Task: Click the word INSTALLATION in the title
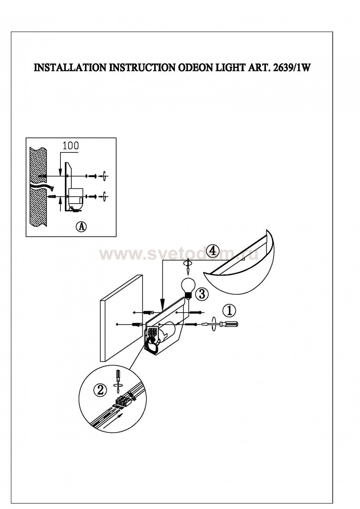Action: (69, 68)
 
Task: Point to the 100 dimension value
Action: (70, 146)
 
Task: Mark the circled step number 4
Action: (212, 251)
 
